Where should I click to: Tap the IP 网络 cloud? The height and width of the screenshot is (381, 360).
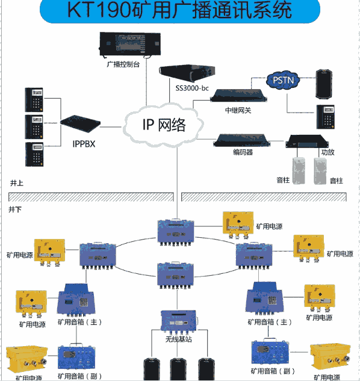[x=163, y=125]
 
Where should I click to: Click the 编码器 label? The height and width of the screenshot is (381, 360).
[x=242, y=153]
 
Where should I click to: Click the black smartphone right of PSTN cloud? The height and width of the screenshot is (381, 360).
[x=324, y=83]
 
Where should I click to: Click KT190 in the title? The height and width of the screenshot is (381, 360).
[x=96, y=11]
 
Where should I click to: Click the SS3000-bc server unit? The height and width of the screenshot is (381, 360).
[x=187, y=73]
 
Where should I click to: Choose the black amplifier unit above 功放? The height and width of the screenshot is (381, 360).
[x=308, y=142]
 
